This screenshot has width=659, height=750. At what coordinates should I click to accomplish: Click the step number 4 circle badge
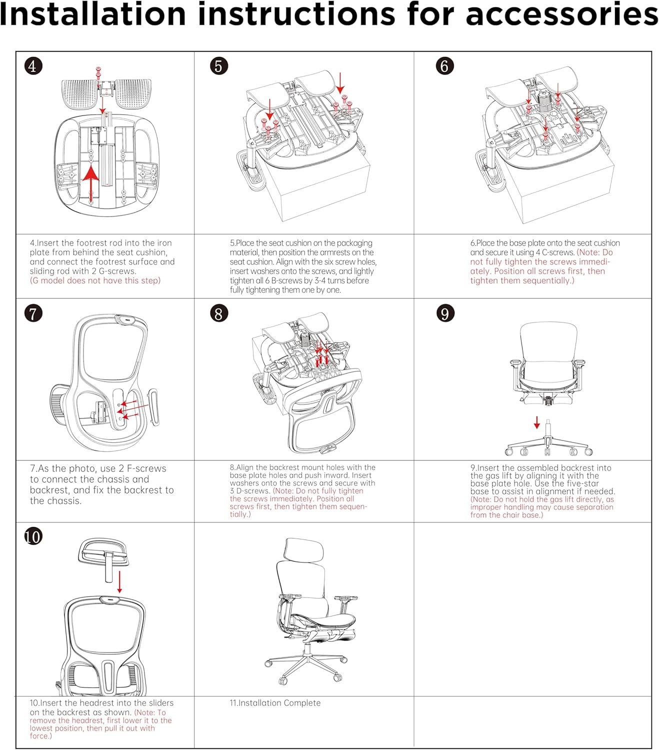click(x=33, y=66)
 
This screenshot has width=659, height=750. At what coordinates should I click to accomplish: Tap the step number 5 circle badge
click(x=218, y=66)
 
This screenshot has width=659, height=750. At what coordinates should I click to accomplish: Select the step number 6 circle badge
click(x=444, y=66)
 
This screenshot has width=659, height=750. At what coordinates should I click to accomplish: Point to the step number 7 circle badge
click(x=33, y=313)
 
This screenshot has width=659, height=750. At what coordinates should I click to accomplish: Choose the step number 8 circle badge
click(x=218, y=313)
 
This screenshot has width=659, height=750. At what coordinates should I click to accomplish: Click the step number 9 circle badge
click(x=445, y=313)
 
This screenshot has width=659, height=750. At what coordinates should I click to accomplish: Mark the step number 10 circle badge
click(x=33, y=536)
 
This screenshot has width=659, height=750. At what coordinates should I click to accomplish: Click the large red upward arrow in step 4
click(x=90, y=183)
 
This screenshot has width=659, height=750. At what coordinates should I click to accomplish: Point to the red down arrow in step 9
click(x=536, y=423)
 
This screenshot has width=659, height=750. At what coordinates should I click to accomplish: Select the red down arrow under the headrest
click(x=119, y=582)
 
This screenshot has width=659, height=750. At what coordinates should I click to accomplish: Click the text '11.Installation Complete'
click(x=275, y=703)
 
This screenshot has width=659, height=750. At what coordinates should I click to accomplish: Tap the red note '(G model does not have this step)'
click(x=95, y=280)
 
